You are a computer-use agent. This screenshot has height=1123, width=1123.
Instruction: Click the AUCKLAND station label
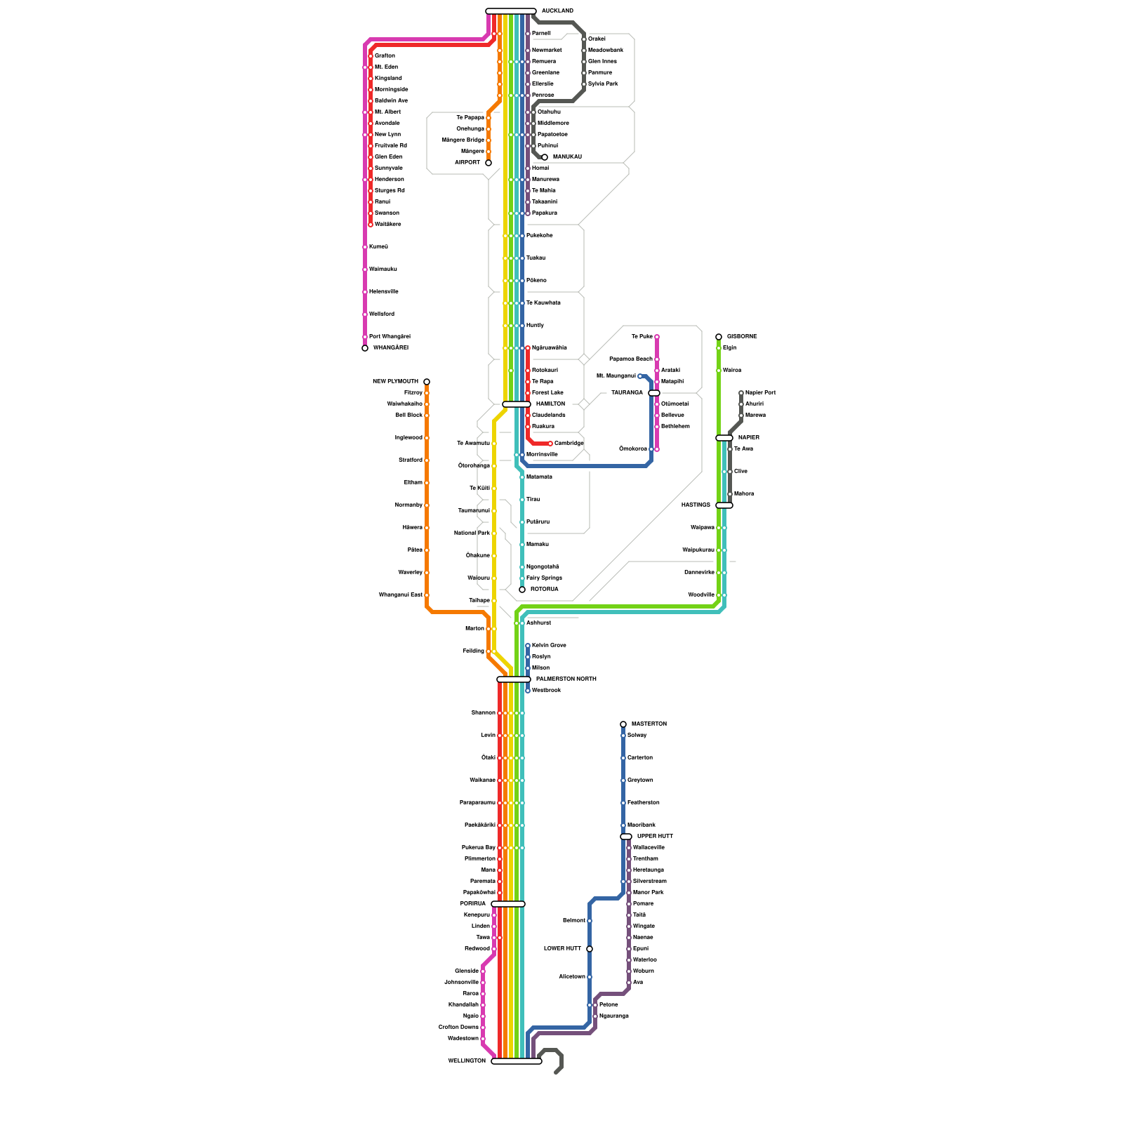click(557, 11)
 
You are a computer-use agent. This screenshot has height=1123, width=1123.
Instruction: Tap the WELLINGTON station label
click(467, 1061)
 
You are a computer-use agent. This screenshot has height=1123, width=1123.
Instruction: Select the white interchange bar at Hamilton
click(516, 404)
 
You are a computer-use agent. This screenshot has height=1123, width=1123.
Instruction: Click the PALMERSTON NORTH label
click(566, 679)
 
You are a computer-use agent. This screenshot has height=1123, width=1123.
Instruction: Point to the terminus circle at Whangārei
click(365, 348)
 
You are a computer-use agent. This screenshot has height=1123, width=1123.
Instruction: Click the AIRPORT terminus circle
click(489, 163)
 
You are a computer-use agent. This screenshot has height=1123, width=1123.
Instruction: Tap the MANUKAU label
click(567, 157)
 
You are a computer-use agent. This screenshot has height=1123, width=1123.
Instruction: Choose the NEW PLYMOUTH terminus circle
click(427, 382)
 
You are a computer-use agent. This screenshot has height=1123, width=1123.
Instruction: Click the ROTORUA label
click(545, 589)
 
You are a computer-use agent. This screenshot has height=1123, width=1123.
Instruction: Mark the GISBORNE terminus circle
click(719, 337)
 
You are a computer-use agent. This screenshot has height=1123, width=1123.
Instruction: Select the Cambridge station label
click(569, 444)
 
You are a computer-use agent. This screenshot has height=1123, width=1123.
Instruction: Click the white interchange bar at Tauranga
click(654, 393)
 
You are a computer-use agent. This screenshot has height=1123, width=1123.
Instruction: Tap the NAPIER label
click(748, 438)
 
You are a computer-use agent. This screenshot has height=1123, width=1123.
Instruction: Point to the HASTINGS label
click(696, 505)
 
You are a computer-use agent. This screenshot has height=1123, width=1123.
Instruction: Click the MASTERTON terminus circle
click(623, 724)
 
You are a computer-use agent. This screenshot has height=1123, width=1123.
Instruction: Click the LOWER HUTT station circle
click(590, 949)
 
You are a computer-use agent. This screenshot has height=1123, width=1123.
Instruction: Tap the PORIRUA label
click(473, 903)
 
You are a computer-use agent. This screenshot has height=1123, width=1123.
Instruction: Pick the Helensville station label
click(384, 292)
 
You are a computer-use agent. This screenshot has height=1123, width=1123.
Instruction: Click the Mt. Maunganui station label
click(616, 376)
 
